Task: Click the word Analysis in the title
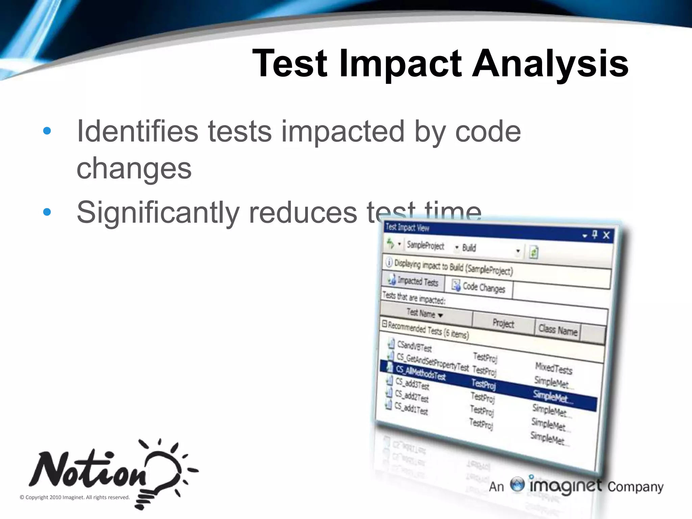point(550,64)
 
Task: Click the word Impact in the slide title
point(400,64)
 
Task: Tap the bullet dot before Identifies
point(47,131)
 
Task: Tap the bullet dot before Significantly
point(47,212)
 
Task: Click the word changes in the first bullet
point(134,169)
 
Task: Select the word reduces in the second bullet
point(303,212)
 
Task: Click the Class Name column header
point(558,329)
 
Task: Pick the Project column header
point(503,323)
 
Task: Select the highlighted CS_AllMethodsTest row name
point(421,373)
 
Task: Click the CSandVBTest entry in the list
point(414,346)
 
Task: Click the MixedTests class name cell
point(553,368)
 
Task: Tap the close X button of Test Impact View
point(606,235)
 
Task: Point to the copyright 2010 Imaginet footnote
point(75,497)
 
